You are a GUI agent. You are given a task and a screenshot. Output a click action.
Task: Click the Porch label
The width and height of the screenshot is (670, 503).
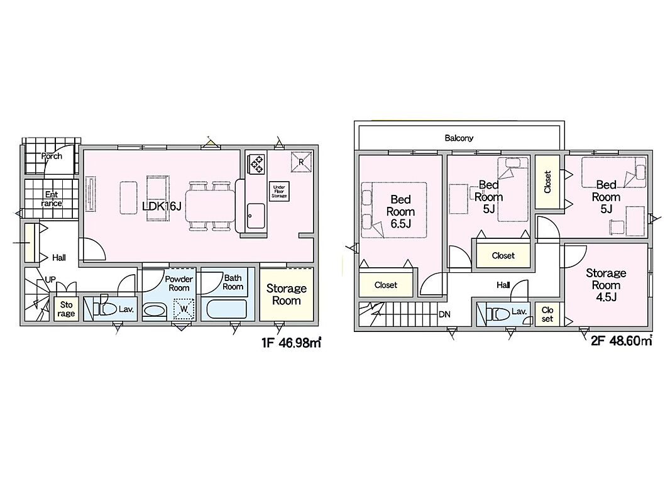[x=52, y=156]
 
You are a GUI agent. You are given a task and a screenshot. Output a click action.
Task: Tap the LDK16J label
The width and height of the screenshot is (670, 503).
[x=162, y=206]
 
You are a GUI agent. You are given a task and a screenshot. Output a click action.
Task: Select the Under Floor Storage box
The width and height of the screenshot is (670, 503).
[x=280, y=191]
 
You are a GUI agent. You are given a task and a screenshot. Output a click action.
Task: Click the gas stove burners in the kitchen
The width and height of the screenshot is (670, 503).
[x=257, y=164]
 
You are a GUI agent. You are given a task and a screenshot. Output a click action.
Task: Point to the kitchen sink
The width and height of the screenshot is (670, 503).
[x=256, y=216]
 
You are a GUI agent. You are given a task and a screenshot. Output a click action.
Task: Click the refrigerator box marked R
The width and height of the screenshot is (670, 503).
[x=301, y=162]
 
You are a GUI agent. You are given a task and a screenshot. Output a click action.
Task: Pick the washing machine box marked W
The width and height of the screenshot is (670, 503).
[x=184, y=309]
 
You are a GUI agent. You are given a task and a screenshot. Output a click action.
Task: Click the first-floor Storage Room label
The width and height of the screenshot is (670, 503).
[x=286, y=294]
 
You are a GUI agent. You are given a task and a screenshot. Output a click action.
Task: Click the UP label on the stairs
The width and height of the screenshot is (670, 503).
[x=50, y=280]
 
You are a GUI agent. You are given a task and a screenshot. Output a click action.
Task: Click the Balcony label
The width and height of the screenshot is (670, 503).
[x=459, y=138]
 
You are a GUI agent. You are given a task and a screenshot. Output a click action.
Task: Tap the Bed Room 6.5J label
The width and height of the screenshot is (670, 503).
[x=400, y=211]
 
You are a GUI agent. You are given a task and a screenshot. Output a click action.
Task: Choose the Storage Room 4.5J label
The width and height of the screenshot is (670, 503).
[x=606, y=285]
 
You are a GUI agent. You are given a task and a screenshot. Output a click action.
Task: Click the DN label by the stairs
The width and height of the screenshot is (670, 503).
[x=444, y=314]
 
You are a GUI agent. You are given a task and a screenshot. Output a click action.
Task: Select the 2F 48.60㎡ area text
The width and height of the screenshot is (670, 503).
[x=622, y=341]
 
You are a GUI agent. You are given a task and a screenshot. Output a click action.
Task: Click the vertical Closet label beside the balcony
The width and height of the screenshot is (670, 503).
[x=547, y=182]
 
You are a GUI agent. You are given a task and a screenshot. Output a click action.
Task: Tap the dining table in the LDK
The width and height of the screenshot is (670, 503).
[x=210, y=206]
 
